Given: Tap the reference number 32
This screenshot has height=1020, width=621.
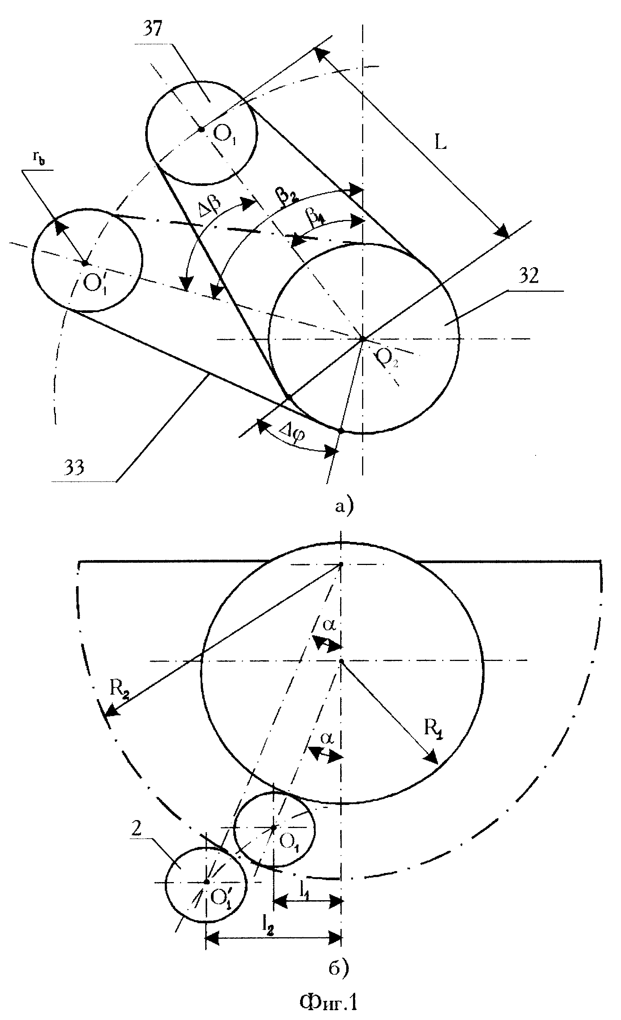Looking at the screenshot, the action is coord(528,276).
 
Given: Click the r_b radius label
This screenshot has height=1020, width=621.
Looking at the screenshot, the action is coord(39,159).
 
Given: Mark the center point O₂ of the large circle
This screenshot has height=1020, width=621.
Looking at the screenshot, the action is coord(363,339).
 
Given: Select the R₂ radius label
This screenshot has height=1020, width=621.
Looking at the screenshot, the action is coord(119,689).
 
